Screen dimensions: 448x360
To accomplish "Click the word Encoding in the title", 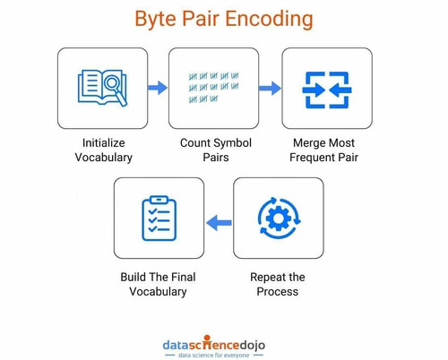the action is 269,20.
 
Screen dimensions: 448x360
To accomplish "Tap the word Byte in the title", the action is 155,20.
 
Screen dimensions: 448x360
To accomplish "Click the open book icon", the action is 102,88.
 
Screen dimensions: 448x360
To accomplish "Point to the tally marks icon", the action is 213,88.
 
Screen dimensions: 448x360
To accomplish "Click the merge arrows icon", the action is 327,90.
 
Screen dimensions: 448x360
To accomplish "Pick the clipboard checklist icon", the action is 159,219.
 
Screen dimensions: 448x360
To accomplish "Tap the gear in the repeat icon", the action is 279,219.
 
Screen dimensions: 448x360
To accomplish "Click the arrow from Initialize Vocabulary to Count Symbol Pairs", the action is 158,88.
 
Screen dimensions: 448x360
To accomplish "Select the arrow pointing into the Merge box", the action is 270,88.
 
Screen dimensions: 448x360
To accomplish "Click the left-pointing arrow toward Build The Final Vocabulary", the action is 219,223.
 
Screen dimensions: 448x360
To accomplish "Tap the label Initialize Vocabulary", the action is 103,150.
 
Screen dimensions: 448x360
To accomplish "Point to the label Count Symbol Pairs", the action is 216,150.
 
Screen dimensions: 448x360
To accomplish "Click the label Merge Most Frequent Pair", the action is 323,150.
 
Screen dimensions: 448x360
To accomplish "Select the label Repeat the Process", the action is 278,284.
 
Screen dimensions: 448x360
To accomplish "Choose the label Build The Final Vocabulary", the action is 158,284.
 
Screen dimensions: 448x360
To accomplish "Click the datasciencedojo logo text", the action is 214,343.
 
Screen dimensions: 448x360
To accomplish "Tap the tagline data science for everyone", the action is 214,356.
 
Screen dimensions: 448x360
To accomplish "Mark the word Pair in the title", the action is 200,20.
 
